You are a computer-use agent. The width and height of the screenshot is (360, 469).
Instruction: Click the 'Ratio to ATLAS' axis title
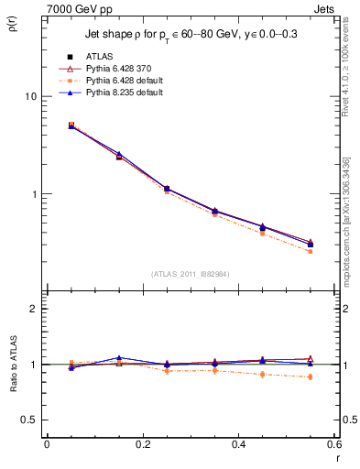click(x=12, y=387)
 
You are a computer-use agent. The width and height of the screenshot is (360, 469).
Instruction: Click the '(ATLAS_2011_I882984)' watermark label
click(x=190, y=273)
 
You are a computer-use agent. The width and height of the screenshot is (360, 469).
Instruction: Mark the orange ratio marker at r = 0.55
click(x=310, y=376)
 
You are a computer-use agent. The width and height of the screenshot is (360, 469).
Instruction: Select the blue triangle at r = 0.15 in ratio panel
click(x=118, y=358)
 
